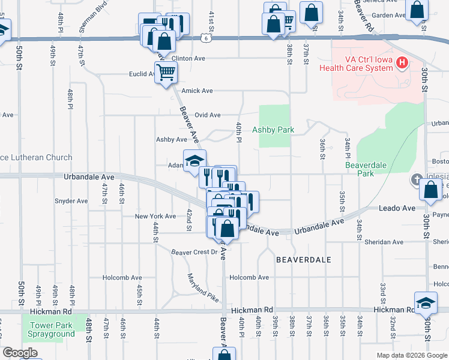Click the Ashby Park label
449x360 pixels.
click(273, 130)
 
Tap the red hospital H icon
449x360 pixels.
click(403, 62)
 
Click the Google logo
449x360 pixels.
click(20, 353)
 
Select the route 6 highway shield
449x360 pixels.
click(206, 38)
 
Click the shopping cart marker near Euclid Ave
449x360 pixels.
click(166, 73)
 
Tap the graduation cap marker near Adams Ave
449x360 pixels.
click(194, 160)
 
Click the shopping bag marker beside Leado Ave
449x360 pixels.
click(430, 190)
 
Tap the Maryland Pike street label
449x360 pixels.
click(203, 287)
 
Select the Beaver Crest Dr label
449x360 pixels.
click(193, 252)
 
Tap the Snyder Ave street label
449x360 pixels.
click(71, 201)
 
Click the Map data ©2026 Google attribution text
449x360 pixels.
click(411, 355)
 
